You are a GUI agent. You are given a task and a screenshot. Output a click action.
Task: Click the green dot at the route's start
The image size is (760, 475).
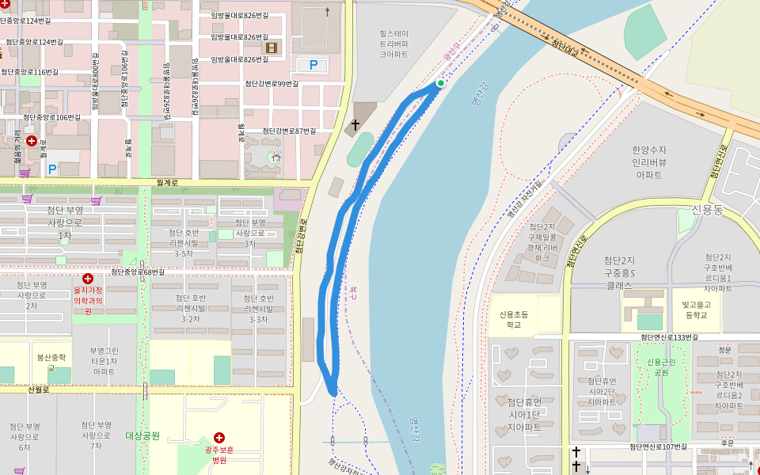click(440, 82)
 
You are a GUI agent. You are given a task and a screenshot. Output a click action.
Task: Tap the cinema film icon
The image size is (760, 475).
click(272, 48)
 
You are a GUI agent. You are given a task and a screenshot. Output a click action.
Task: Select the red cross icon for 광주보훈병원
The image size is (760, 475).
click(219, 438)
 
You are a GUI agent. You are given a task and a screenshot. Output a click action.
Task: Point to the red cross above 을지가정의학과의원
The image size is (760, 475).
click(88, 279)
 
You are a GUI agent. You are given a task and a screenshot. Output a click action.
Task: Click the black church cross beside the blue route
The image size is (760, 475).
click(355, 124)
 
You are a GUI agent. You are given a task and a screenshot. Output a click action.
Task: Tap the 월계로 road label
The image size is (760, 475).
click(167, 182)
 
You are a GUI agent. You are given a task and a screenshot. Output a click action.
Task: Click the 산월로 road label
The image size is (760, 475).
click(38, 389)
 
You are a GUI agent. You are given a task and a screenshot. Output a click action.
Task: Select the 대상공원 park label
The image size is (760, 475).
click(142, 435)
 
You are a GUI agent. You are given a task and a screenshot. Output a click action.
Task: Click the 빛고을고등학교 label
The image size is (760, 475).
click(700, 310)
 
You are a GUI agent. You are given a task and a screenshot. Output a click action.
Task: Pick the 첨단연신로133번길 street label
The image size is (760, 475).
click(669, 337)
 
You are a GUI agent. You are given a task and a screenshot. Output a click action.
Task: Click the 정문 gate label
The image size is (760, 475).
click(724, 348)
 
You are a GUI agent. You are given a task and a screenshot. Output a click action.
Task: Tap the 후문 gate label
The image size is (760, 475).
click(727, 443)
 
